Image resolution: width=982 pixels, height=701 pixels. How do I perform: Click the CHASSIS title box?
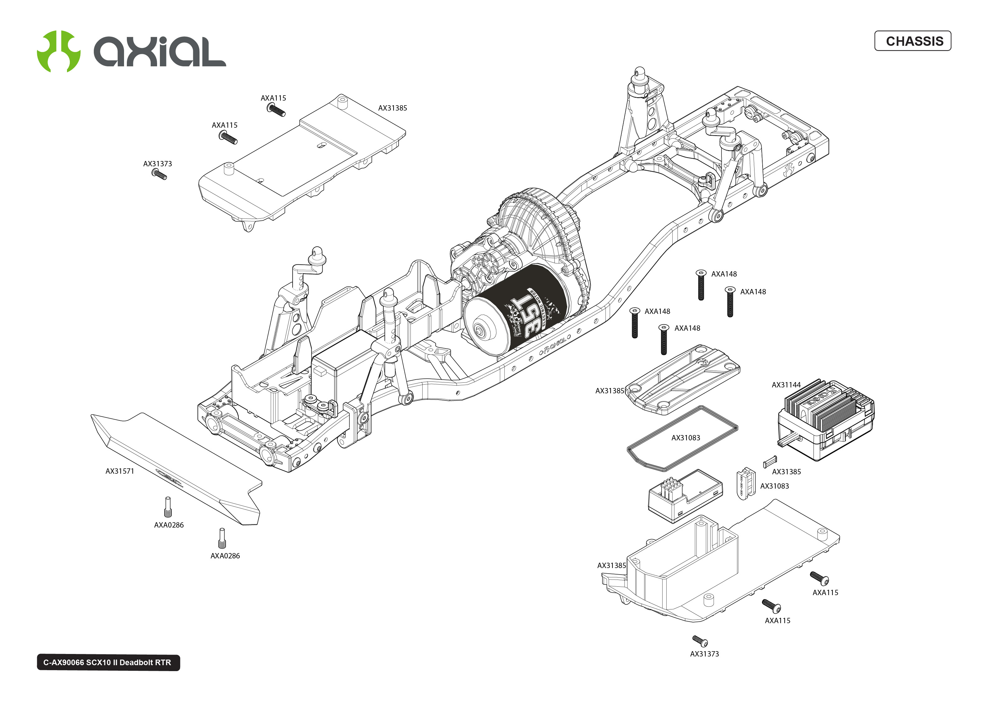coord(912,41)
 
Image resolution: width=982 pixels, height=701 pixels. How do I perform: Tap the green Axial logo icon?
coord(58,51)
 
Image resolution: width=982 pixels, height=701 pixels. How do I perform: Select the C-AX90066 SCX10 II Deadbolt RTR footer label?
coord(108,662)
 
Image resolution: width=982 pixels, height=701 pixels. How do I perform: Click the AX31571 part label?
coord(120,471)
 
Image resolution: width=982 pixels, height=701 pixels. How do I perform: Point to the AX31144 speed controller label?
coord(786,385)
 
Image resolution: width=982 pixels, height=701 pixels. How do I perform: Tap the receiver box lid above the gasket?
coord(682,380)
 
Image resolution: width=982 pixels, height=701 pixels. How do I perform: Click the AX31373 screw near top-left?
coord(159,174)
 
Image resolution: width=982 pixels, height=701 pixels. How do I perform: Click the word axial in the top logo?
coord(160,52)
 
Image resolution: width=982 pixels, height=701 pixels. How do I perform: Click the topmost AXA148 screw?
coord(701,285)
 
